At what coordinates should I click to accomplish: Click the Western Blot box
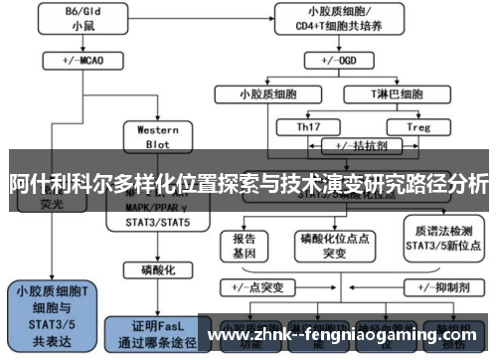click(x=157, y=135)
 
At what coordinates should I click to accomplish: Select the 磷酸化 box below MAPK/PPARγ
click(x=157, y=270)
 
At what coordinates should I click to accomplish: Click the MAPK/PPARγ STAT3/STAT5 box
click(x=157, y=215)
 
